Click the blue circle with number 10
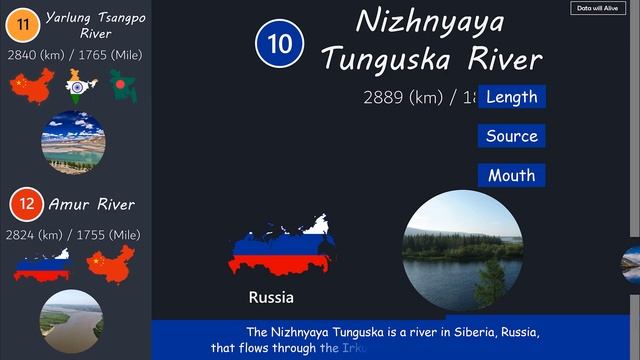click(x=279, y=43)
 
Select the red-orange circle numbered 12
click(x=26, y=205)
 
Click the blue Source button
click(x=511, y=136)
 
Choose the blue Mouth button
click(x=511, y=175)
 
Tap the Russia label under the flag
click(x=271, y=297)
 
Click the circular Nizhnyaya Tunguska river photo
click(x=462, y=249)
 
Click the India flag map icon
click(x=80, y=86)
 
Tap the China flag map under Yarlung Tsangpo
click(x=29, y=86)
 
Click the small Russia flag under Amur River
click(x=41, y=265)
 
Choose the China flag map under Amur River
click(x=109, y=265)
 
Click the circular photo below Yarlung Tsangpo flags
click(x=73, y=142)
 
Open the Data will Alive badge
click(x=596, y=8)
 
